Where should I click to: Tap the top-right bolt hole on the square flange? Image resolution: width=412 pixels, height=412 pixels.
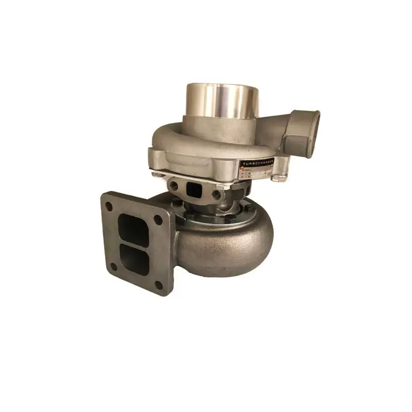coord(159,219)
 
